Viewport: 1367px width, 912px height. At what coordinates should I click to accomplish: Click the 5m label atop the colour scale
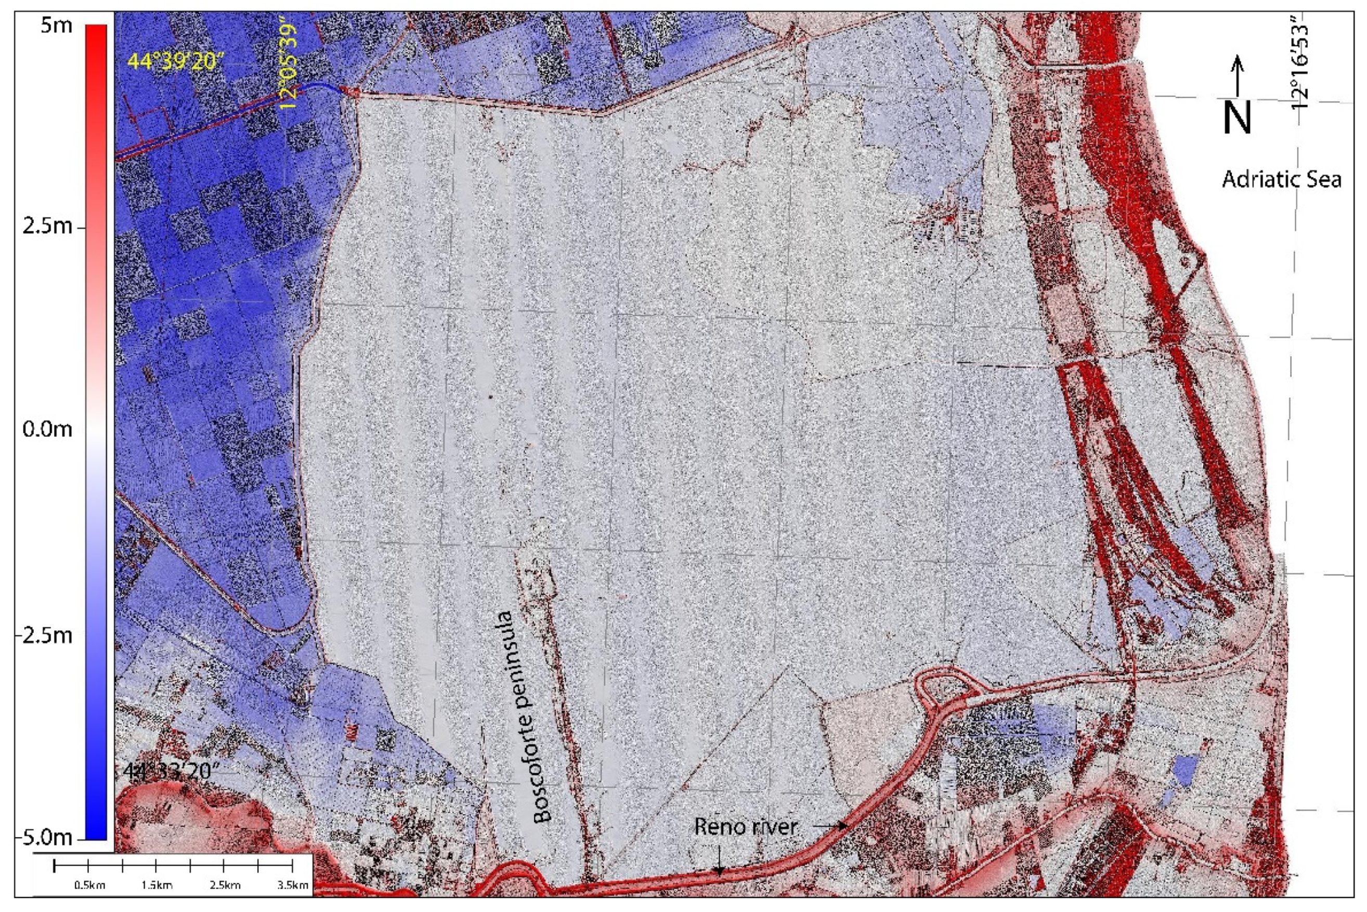[x=57, y=26]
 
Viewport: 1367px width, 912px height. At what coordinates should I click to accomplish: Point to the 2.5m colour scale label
[x=48, y=226]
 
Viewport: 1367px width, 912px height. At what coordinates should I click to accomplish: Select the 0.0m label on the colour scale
[x=48, y=430]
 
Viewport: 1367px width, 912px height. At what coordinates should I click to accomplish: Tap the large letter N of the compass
[x=1236, y=119]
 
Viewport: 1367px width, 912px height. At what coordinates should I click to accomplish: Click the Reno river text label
[x=746, y=827]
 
